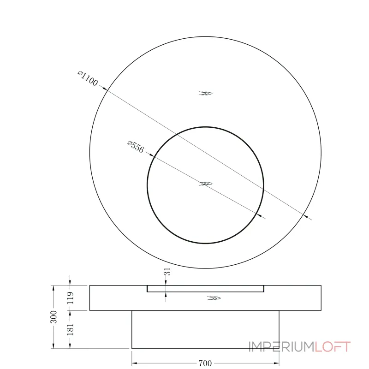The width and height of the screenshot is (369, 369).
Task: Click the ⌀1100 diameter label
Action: pyautogui.click(x=88, y=79)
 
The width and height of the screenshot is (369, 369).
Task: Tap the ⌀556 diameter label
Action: pyautogui.click(x=136, y=147)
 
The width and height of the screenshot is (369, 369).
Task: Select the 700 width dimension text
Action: pyautogui.click(x=205, y=363)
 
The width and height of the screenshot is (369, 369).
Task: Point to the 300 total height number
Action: pyautogui.click(x=54, y=317)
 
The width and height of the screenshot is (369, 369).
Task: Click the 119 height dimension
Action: pyautogui.click(x=71, y=298)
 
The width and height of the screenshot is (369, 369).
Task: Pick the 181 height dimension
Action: pyautogui.click(x=71, y=329)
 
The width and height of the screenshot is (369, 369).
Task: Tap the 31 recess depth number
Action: pyautogui.click(x=167, y=271)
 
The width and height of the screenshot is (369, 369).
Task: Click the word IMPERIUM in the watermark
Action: pyautogui.click(x=282, y=347)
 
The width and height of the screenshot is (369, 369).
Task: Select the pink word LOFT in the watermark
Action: pyautogui.click(x=333, y=347)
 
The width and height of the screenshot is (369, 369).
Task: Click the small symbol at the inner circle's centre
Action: pyautogui.click(x=205, y=184)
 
